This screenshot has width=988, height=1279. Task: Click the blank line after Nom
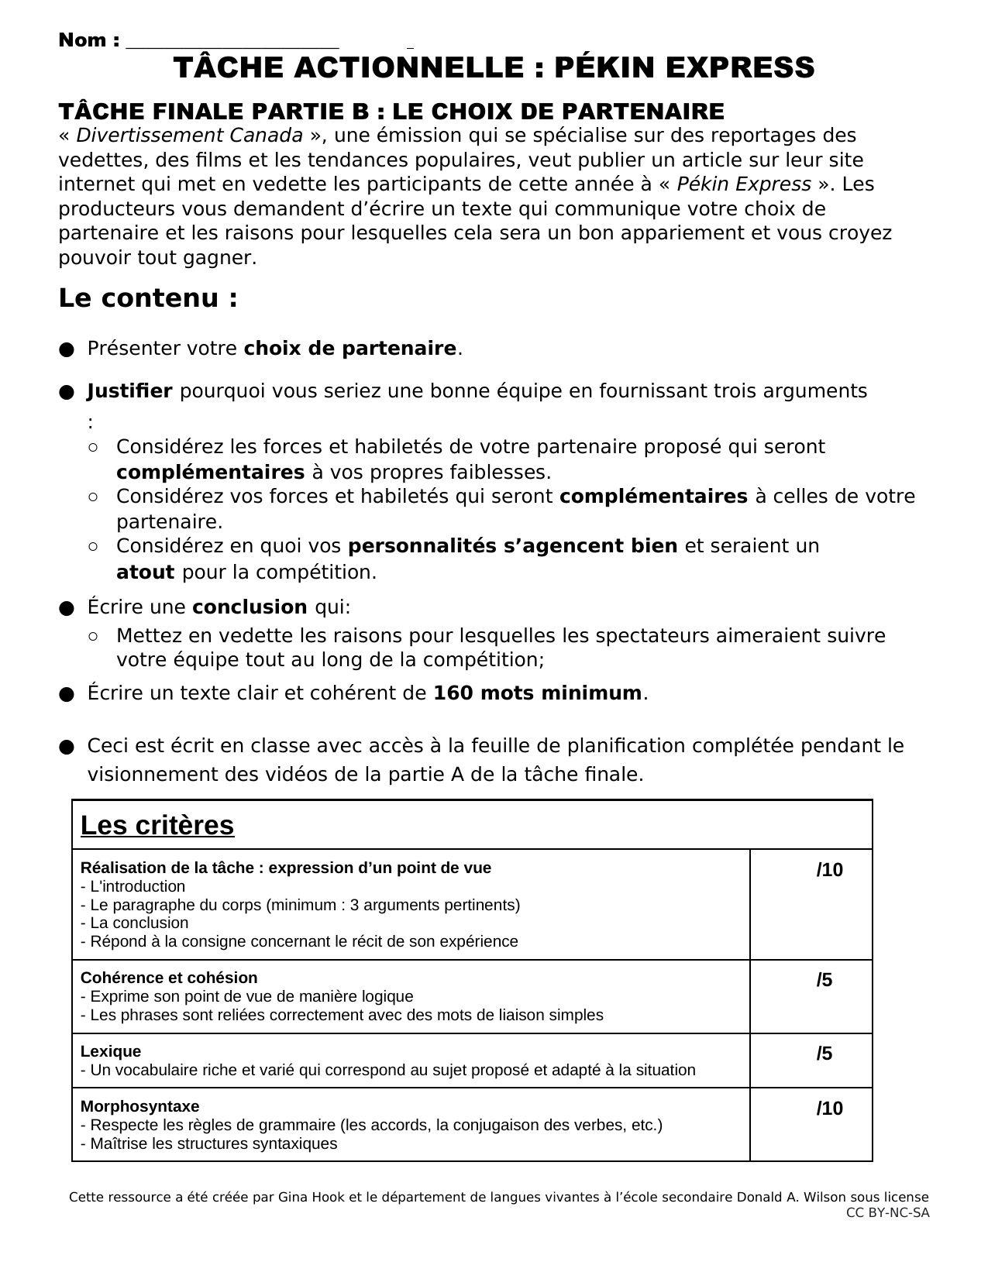[232, 43]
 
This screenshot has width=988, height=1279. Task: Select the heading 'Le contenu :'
[148, 298]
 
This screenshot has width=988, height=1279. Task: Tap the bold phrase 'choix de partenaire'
[349, 349]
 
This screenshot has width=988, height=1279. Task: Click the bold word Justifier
[129, 391]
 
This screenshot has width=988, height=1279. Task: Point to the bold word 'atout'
[145, 572]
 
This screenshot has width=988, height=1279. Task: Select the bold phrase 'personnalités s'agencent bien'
[513, 546]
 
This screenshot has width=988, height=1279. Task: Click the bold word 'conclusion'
[250, 607]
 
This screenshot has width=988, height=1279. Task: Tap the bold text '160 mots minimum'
[537, 693]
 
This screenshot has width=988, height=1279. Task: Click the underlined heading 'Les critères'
[157, 826]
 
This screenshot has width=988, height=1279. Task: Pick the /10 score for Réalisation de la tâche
[829, 870]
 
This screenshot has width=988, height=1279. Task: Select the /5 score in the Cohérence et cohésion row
[824, 980]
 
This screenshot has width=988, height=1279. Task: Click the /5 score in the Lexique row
[824, 1054]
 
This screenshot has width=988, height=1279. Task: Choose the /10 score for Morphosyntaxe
[829, 1109]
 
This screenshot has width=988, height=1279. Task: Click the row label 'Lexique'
[111, 1051]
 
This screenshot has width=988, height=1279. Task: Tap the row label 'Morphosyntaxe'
[139, 1106]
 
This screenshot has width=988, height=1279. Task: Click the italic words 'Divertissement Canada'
[189, 136]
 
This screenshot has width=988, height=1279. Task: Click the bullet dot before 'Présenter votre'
[66, 349]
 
